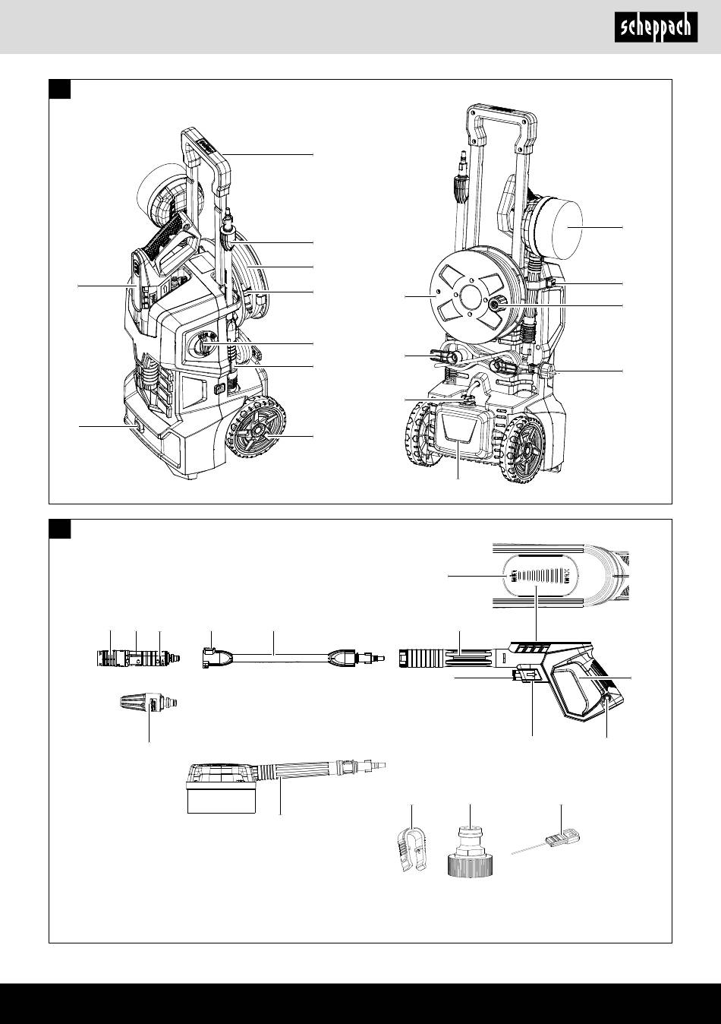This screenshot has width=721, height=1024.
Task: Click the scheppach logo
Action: pos(656,28)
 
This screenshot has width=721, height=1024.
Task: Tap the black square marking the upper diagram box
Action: pos(60,89)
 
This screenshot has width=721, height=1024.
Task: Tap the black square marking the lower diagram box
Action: pos(60,529)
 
